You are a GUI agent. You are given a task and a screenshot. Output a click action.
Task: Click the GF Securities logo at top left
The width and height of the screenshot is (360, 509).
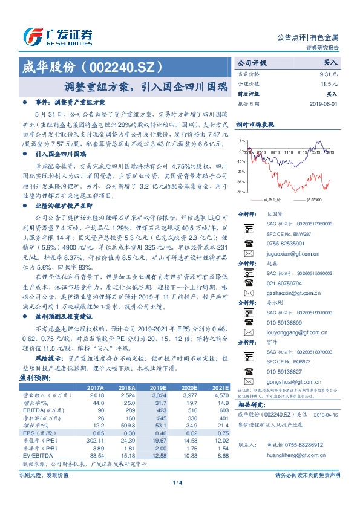tap(57, 37)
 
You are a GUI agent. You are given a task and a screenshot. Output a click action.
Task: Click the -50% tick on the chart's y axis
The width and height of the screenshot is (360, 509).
tap(241, 192)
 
